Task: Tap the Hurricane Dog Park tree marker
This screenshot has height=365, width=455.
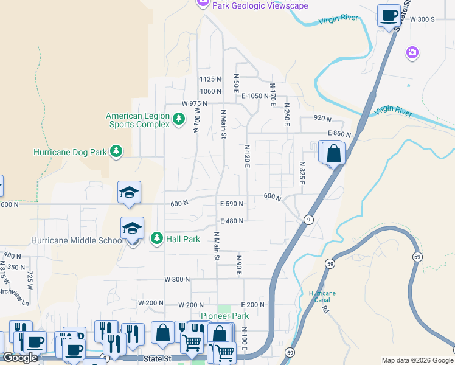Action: coord(116,151)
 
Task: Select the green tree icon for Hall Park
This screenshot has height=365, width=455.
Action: coord(157,238)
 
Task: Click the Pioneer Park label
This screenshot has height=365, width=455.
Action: coord(225,316)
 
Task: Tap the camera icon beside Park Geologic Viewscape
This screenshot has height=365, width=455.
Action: coord(203,4)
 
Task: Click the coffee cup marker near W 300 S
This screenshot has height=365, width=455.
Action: coord(388,16)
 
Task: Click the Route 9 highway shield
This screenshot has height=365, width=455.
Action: coord(309,220)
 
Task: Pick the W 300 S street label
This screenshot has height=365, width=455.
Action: coord(422,19)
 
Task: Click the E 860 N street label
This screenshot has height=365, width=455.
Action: coord(339,133)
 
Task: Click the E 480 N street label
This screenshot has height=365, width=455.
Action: coord(232,221)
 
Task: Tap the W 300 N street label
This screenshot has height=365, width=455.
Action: coord(177,279)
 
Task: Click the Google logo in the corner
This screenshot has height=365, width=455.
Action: coord(20,358)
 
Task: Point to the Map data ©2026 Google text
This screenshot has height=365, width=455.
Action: coord(417,360)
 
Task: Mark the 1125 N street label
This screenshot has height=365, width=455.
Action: coord(210,79)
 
